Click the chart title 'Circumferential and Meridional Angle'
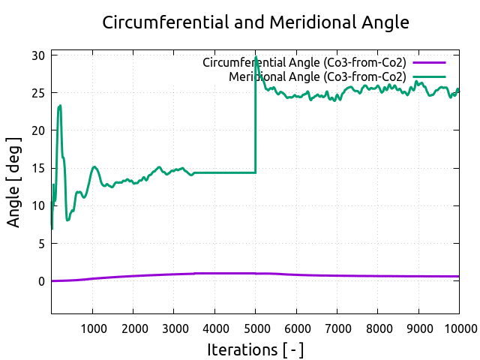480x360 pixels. pyautogui.click(x=256, y=22)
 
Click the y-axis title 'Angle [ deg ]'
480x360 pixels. pyautogui.click(x=14, y=183)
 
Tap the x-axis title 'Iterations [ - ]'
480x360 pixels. pyautogui.click(x=256, y=349)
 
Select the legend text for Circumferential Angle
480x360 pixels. pyautogui.click(x=304, y=62)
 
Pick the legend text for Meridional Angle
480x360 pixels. pyautogui.click(x=317, y=76)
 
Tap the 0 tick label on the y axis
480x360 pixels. pyautogui.click(x=42, y=281)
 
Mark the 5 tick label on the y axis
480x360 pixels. pyautogui.click(x=42, y=244)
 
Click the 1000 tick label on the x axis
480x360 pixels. pyautogui.click(x=92, y=327)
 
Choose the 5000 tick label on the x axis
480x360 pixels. pyautogui.click(x=255, y=327)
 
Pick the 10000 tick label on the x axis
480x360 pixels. pyautogui.click(x=457, y=327)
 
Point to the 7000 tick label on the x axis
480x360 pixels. pyautogui.click(x=337, y=327)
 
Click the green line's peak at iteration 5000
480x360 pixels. pyautogui.click(x=256, y=58)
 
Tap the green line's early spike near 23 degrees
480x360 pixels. pyautogui.click(x=60, y=106)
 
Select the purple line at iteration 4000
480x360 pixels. pyautogui.click(x=214, y=273)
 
